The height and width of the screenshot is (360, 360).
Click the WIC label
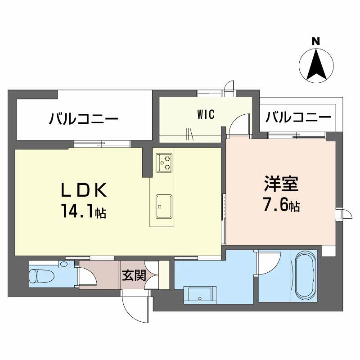[205, 114]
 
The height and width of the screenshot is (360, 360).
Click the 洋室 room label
[281, 184]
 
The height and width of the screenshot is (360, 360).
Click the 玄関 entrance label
[134, 274]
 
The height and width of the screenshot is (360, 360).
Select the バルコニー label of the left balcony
[84, 119]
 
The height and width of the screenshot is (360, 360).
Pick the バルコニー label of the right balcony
[298, 117]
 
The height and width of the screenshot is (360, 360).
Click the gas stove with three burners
[164, 162]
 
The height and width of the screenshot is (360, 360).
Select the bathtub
[306, 274]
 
